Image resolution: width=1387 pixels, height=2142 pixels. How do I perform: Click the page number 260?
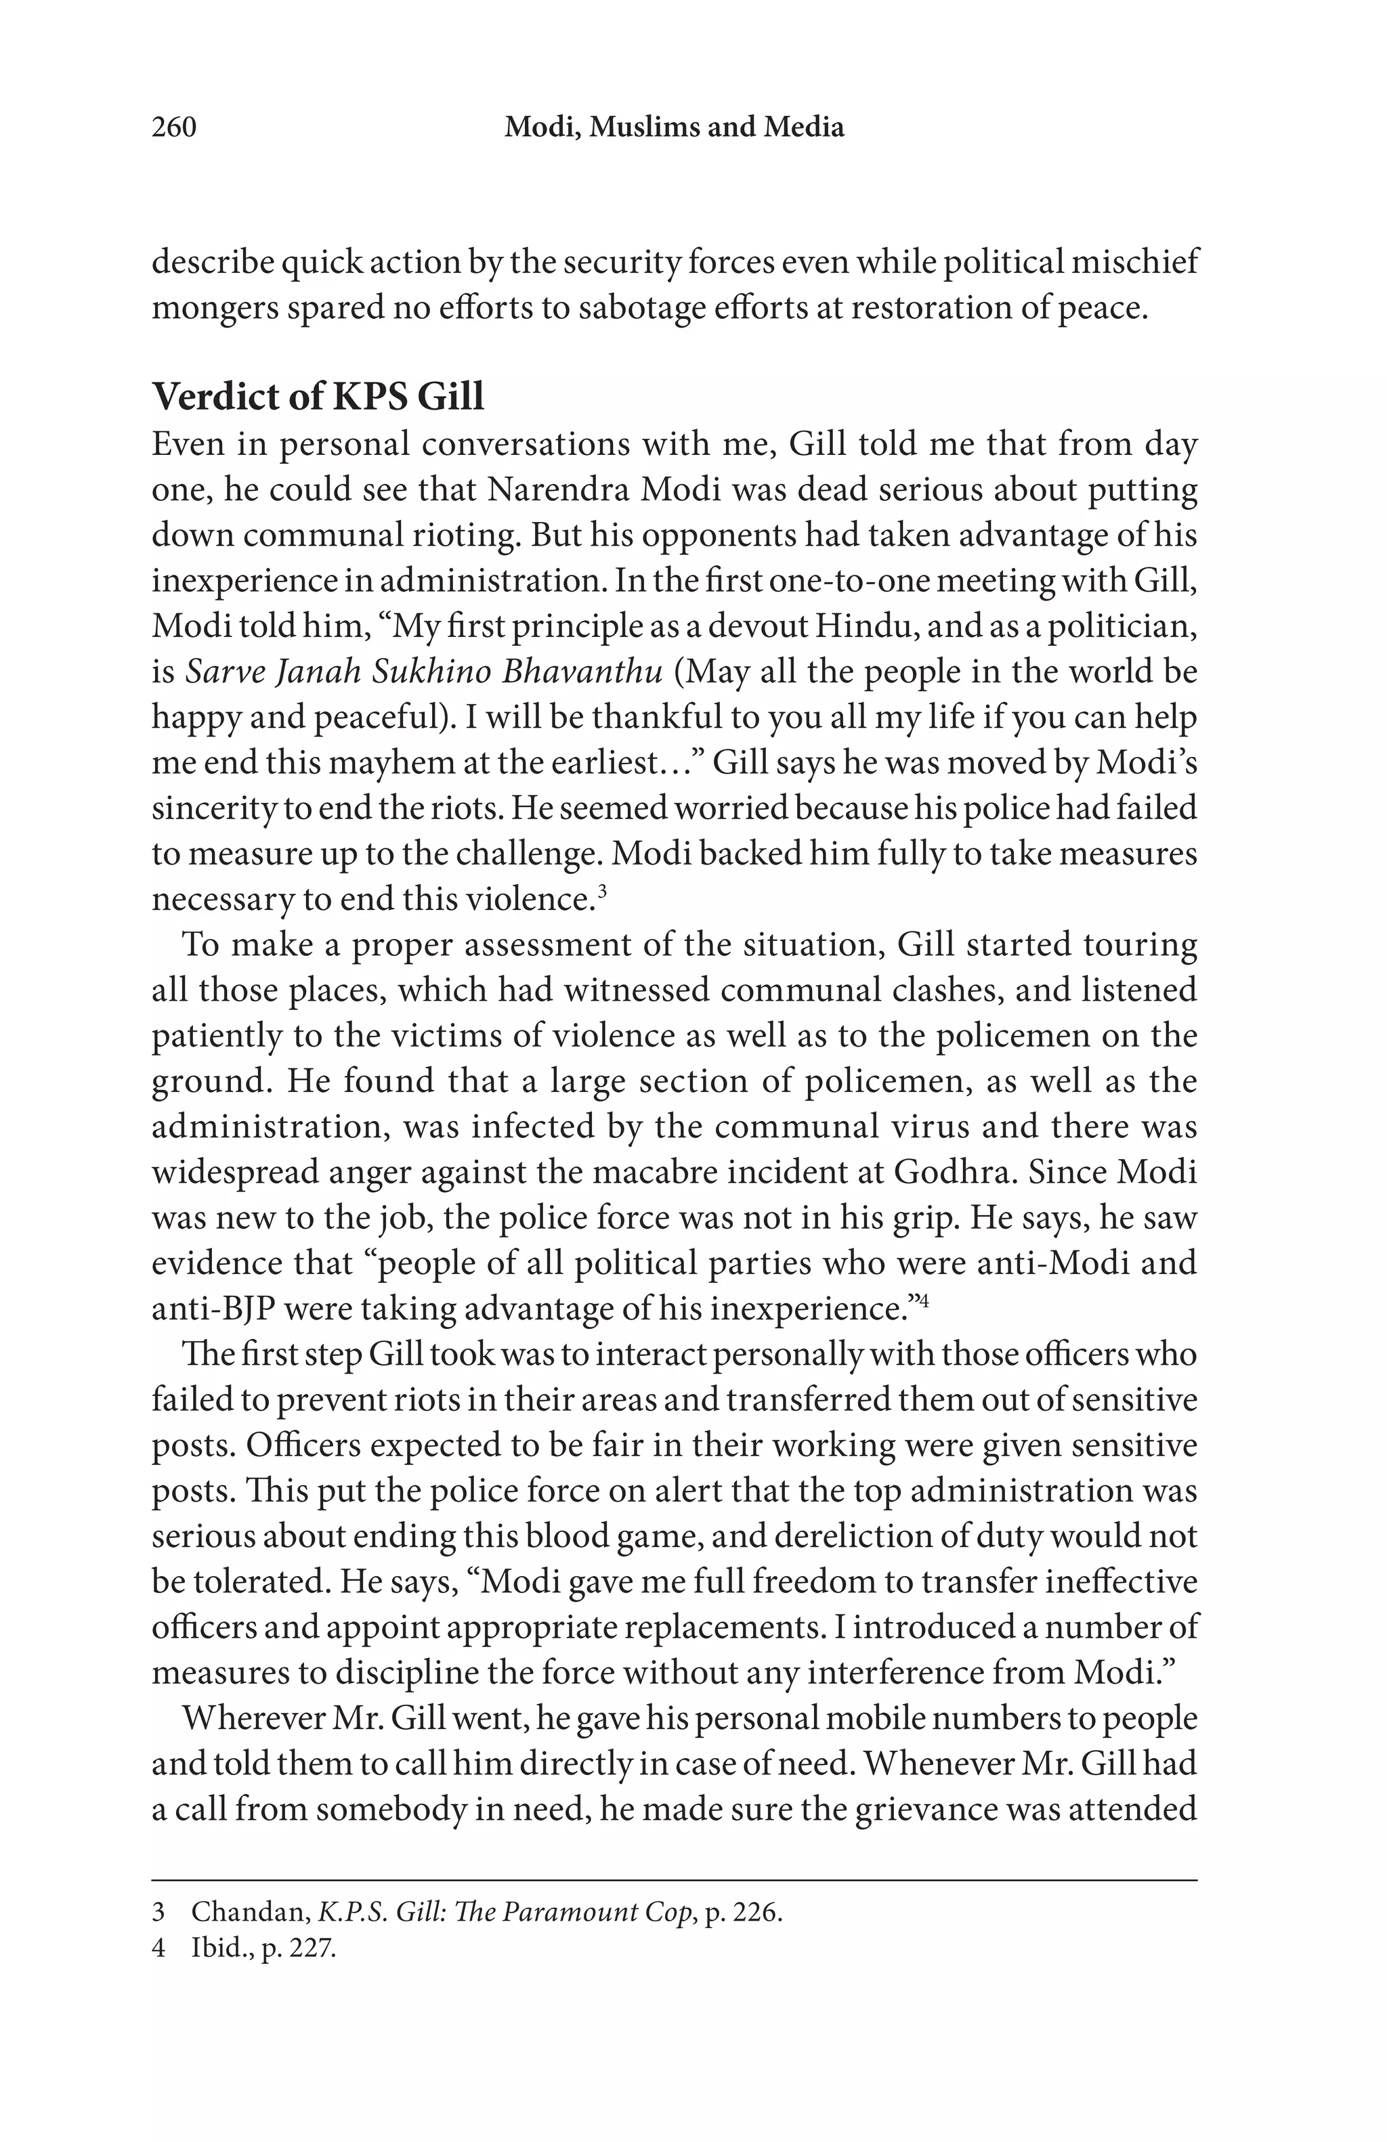coord(173,127)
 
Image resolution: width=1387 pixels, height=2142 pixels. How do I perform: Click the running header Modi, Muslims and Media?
coord(673,127)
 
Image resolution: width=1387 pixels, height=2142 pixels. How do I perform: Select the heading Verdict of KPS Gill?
coord(318,396)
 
